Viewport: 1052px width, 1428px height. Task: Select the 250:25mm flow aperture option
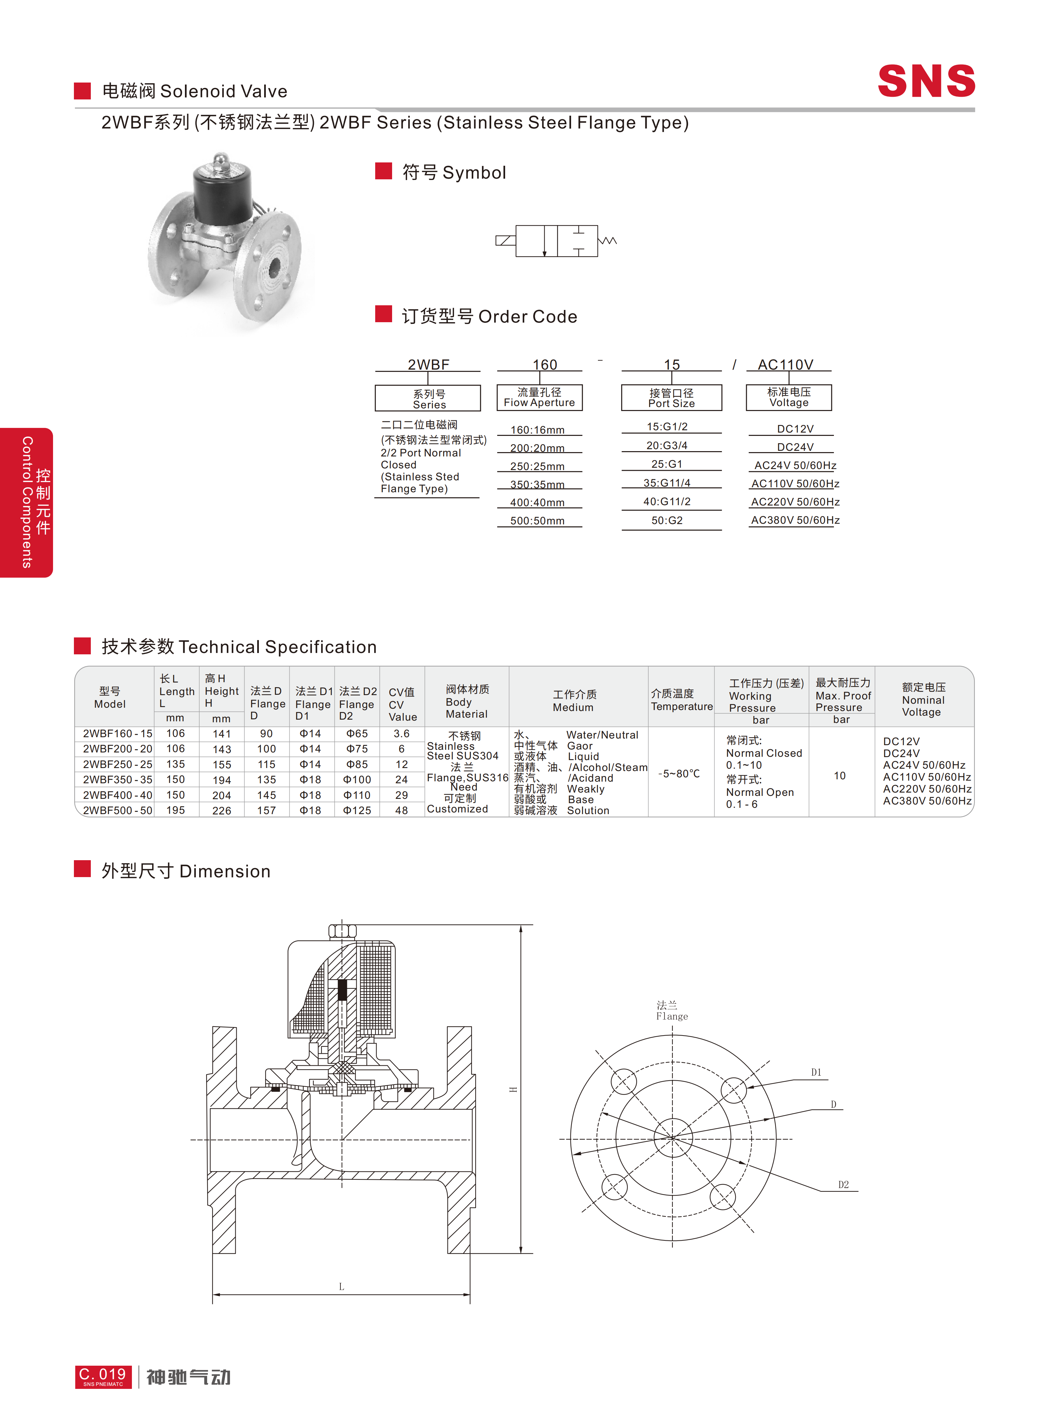click(x=538, y=466)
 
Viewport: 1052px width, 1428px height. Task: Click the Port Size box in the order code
click(x=672, y=397)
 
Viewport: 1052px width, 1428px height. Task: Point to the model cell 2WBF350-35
click(x=118, y=780)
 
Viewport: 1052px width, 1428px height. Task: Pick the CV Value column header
click(x=402, y=704)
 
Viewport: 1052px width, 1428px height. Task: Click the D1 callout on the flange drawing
click(x=816, y=1073)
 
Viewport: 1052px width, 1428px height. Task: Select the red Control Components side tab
click(x=27, y=503)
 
